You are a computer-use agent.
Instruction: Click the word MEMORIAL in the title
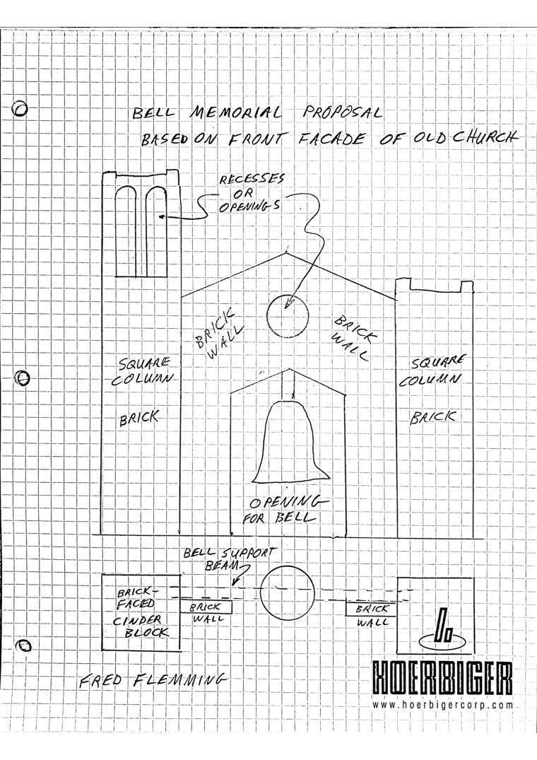click(x=235, y=113)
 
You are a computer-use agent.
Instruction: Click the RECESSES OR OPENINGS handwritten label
click(x=251, y=194)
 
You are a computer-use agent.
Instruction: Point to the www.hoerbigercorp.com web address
click(x=442, y=705)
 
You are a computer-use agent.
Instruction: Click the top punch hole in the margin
click(x=20, y=110)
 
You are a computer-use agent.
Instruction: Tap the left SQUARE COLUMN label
click(x=142, y=370)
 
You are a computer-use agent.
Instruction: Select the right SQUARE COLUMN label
click(x=432, y=370)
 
